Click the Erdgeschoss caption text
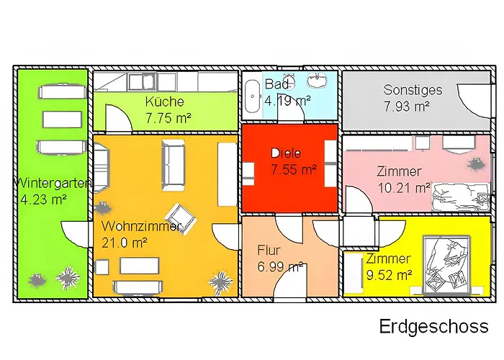tap(433, 327)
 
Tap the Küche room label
tap(165, 102)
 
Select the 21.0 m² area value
tap(125, 243)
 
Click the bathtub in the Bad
tap(252, 96)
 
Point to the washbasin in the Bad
tap(318, 81)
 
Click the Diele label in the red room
tap(286, 153)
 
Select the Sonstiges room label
tap(413, 90)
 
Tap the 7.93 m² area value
tap(407, 106)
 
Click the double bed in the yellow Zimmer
tap(447, 264)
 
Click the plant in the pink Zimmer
tap(475, 164)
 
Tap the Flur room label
tap(269, 250)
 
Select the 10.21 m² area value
tap(404, 188)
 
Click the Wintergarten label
tap(53, 183)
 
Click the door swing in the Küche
tap(119, 118)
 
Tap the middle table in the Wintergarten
tap(62, 120)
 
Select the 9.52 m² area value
tap(390, 275)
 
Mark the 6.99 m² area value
tap(281, 266)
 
